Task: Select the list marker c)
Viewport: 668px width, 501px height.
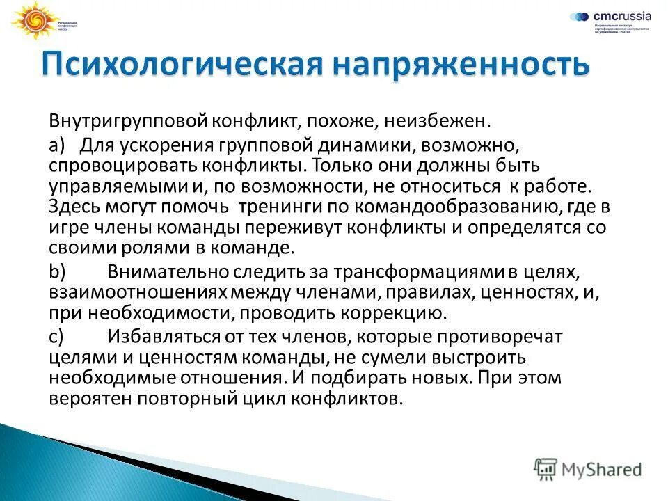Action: (56, 337)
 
